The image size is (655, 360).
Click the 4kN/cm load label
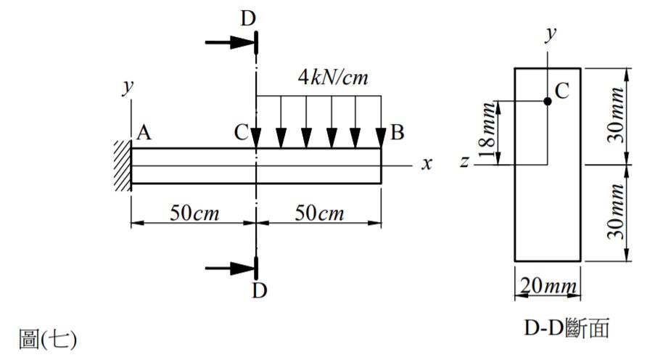[x=334, y=77]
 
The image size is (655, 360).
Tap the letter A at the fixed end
[x=143, y=133]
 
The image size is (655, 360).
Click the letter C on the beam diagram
[x=242, y=133]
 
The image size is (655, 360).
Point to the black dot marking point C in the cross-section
[x=548, y=101]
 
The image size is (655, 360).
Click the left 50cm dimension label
[x=194, y=213]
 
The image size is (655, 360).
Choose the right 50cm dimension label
[x=320, y=213]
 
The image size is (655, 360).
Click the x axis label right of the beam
[x=428, y=164]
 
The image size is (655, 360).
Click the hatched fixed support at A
[x=121, y=165]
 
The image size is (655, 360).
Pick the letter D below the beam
[x=259, y=291]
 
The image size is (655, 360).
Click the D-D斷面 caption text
[x=566, y=330]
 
